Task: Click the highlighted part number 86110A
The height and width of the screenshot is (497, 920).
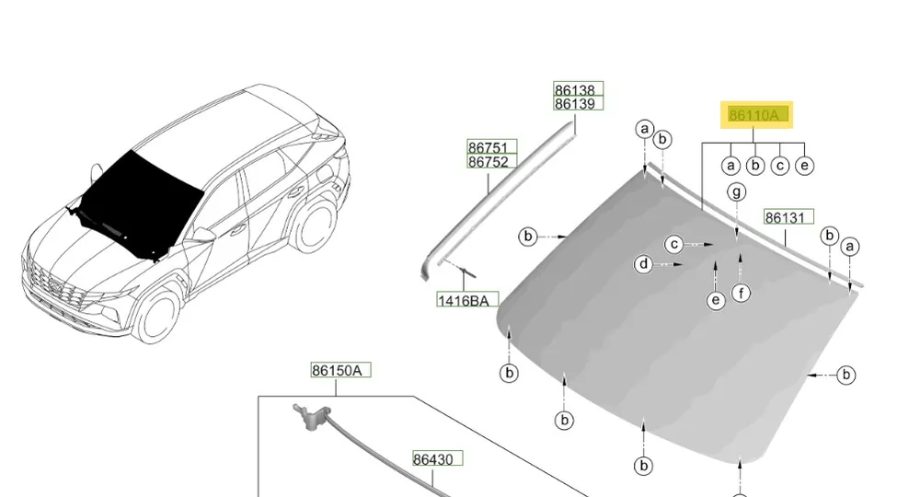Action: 756,114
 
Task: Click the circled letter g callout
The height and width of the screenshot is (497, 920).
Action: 736,191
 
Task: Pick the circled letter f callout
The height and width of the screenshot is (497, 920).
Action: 741,292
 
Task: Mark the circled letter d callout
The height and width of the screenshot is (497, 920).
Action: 644,264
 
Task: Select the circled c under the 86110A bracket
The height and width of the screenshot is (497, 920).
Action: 779,166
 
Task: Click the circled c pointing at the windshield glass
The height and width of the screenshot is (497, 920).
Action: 674,244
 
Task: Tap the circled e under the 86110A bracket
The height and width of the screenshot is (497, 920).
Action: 804,166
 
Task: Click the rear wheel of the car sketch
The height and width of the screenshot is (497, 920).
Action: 314,225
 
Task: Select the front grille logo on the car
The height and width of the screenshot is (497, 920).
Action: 54,285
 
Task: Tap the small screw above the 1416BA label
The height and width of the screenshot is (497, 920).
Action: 467,272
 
